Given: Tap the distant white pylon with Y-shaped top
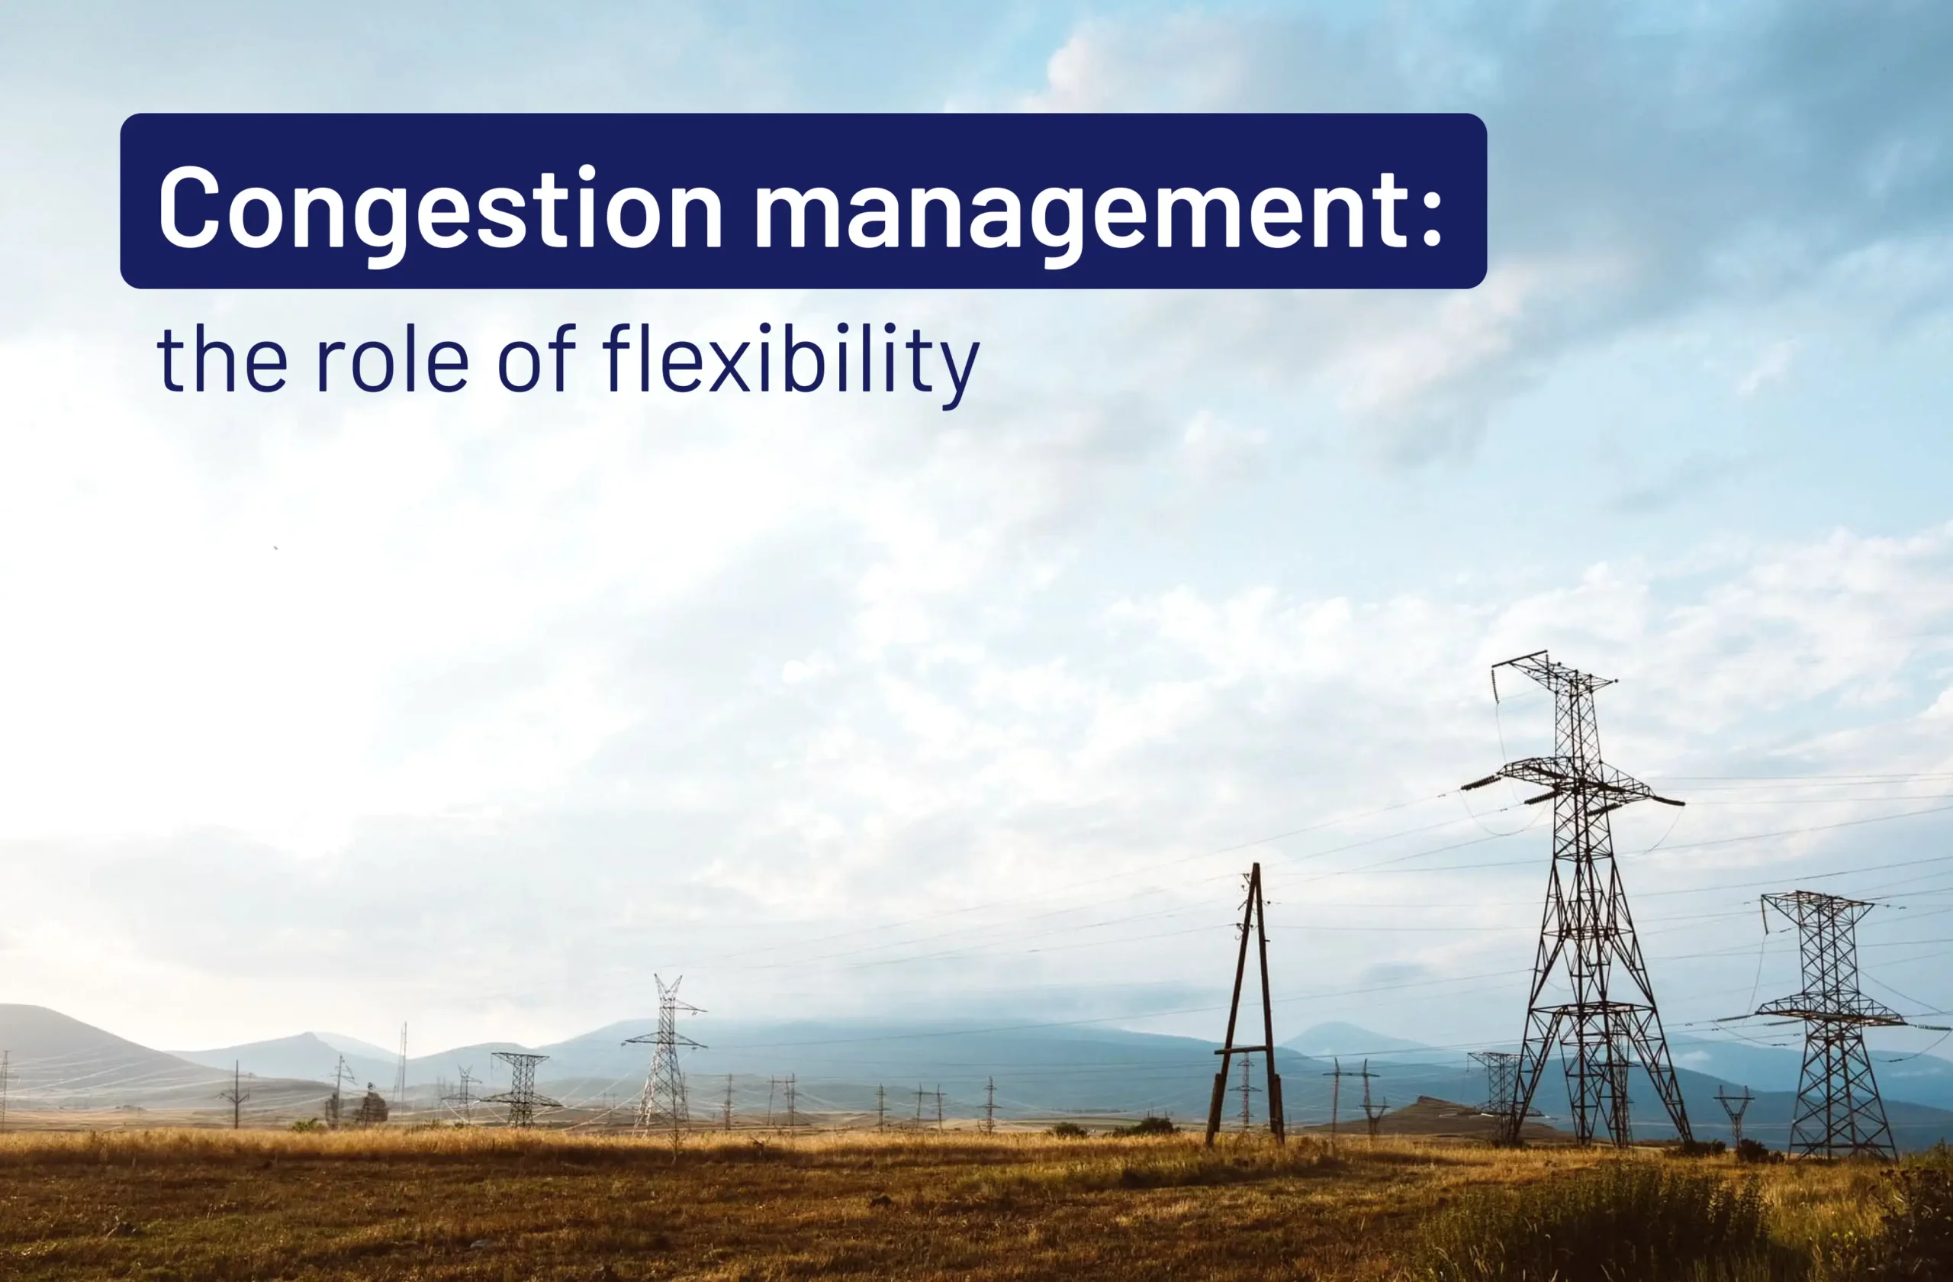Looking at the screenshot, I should [x=666, y=1051].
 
